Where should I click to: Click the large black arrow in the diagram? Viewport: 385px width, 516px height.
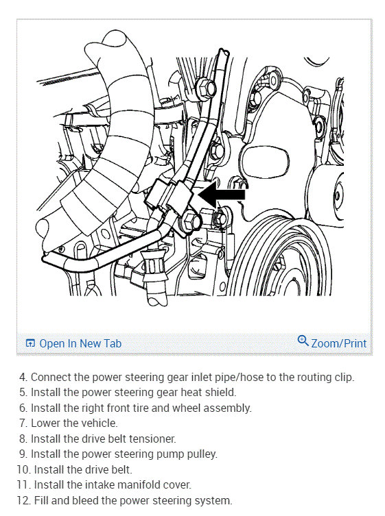point(222,194)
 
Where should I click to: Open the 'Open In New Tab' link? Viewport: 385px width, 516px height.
point(80,343)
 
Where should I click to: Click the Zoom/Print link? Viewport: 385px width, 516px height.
point(338,343)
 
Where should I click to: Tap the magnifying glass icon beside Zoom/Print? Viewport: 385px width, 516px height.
point(303,341)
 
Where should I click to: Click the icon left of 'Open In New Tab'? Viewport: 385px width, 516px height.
point(30,343)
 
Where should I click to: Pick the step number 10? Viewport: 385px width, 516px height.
point(24,469)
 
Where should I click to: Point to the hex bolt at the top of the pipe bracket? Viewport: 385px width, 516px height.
point(206,88)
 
